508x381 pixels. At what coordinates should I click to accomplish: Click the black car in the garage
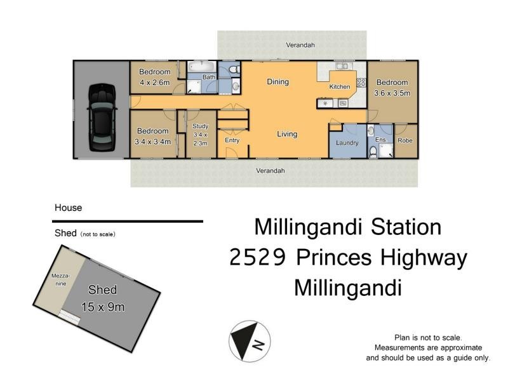102,117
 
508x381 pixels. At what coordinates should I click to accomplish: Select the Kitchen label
339,86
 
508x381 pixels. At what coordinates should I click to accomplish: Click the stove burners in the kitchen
361,82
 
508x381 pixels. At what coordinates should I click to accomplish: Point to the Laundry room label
347,143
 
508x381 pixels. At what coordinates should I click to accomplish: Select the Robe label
404,140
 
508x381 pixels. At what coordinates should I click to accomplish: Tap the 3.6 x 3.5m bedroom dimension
392,93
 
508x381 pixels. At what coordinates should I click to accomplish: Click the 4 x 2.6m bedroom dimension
154,81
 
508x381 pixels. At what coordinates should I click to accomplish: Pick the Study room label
200,126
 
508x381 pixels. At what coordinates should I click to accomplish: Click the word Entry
232,140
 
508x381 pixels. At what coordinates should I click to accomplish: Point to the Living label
287,134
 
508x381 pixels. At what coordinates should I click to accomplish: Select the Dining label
277,81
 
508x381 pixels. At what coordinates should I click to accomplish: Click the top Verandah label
300,46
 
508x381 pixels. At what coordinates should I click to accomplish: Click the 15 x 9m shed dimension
103,307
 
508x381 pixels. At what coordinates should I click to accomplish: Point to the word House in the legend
68,208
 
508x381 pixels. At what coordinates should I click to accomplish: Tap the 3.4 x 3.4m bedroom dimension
153,142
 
